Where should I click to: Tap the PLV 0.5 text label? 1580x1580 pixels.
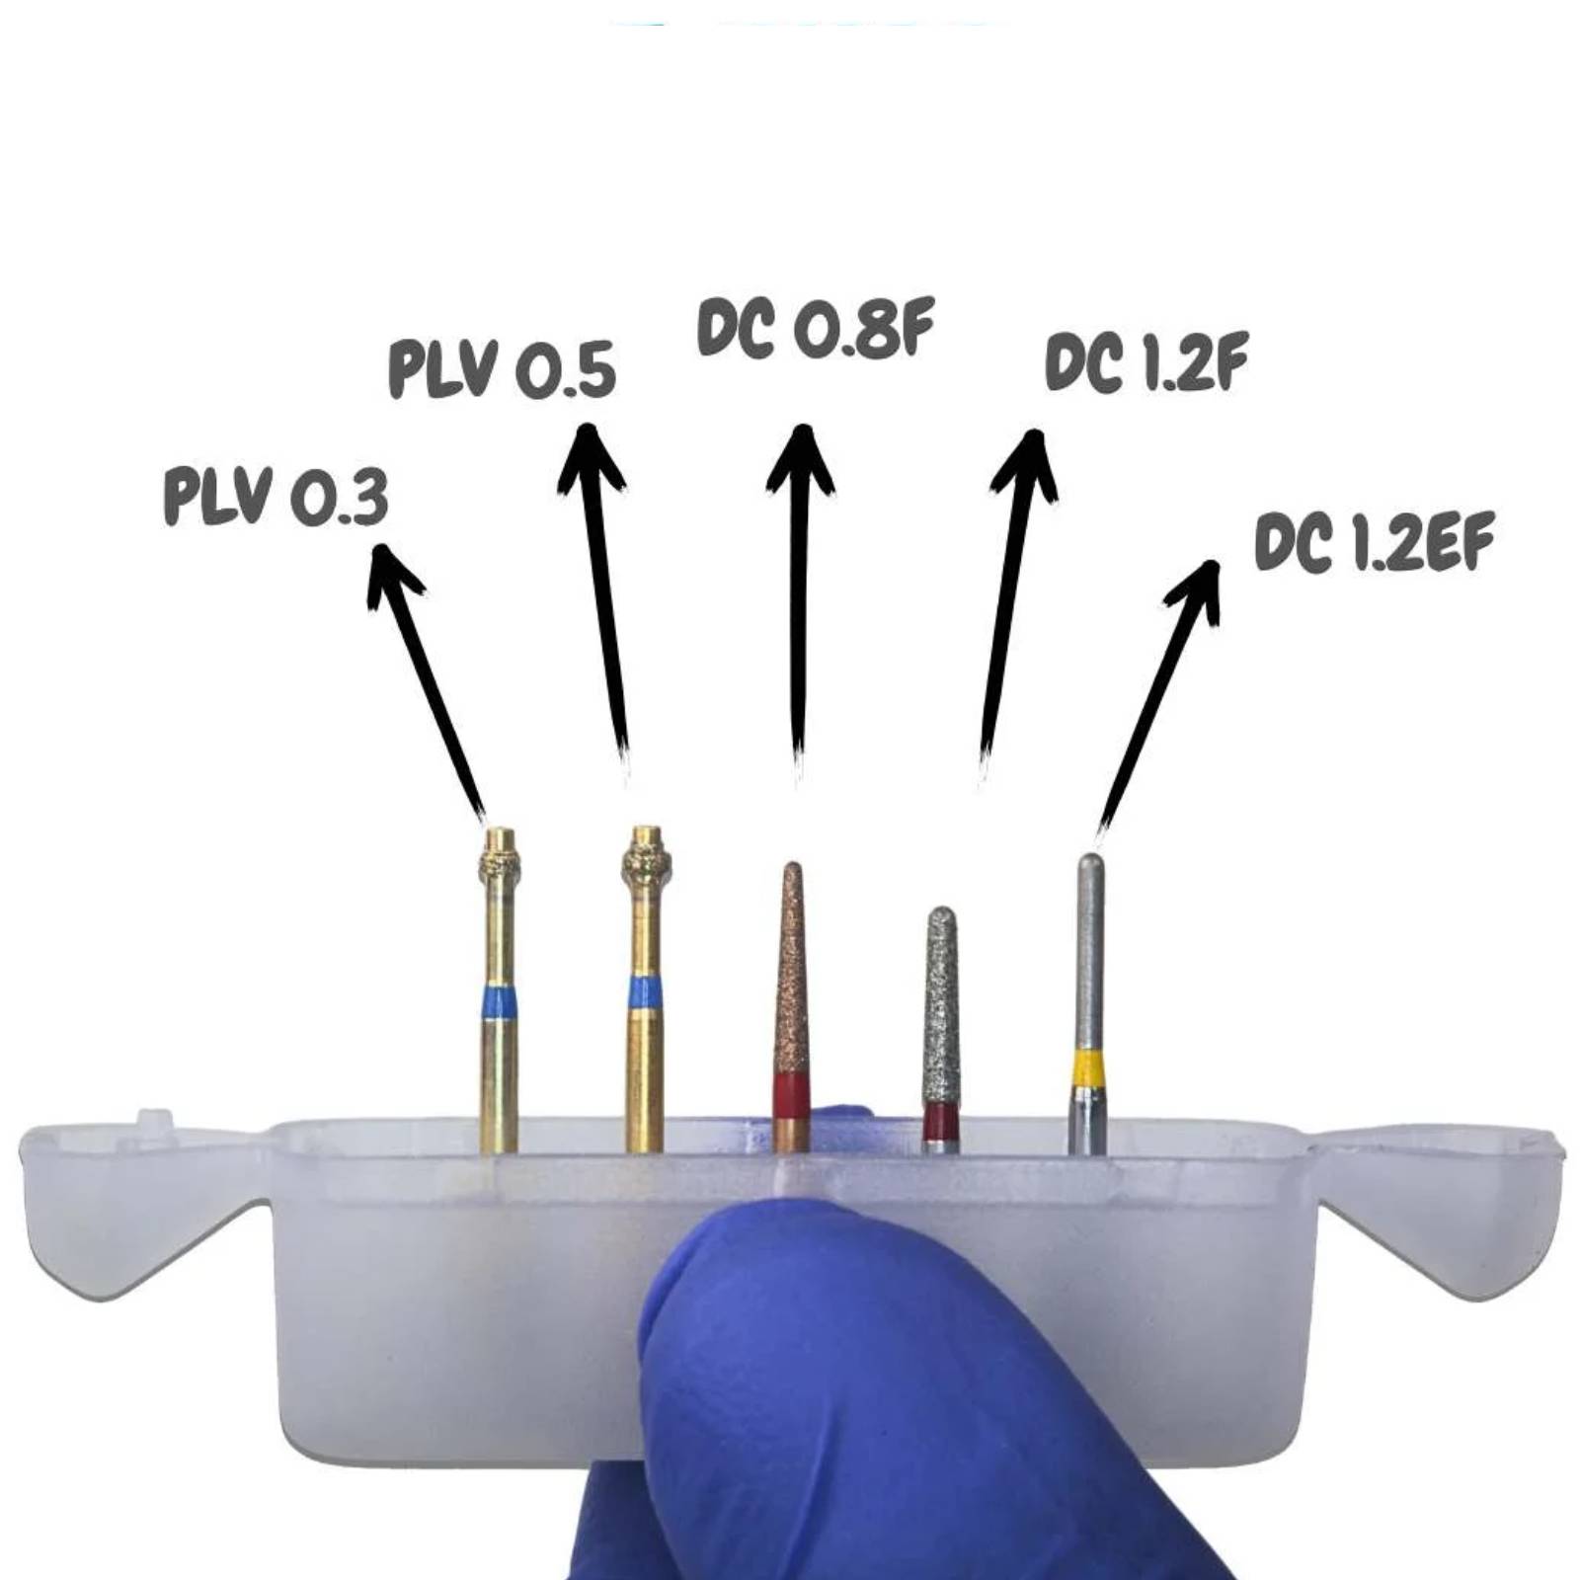(503, 368)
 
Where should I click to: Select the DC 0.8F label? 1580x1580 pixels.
(816, 328)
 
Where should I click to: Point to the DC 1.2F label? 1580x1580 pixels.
(1146, 361)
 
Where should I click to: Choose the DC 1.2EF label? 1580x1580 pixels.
(1374, 541)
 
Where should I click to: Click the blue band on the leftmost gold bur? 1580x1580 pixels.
(499, 1002)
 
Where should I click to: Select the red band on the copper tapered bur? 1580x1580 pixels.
(791, 1095)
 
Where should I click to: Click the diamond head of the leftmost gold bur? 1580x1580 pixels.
(500, 857)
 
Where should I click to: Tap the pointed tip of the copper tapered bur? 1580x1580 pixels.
(792, 866)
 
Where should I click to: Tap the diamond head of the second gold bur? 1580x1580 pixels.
(647, 855)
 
